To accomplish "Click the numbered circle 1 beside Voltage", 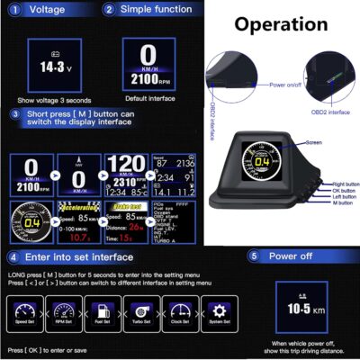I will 12,9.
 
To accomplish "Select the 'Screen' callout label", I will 314,142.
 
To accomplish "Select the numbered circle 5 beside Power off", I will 255,256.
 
